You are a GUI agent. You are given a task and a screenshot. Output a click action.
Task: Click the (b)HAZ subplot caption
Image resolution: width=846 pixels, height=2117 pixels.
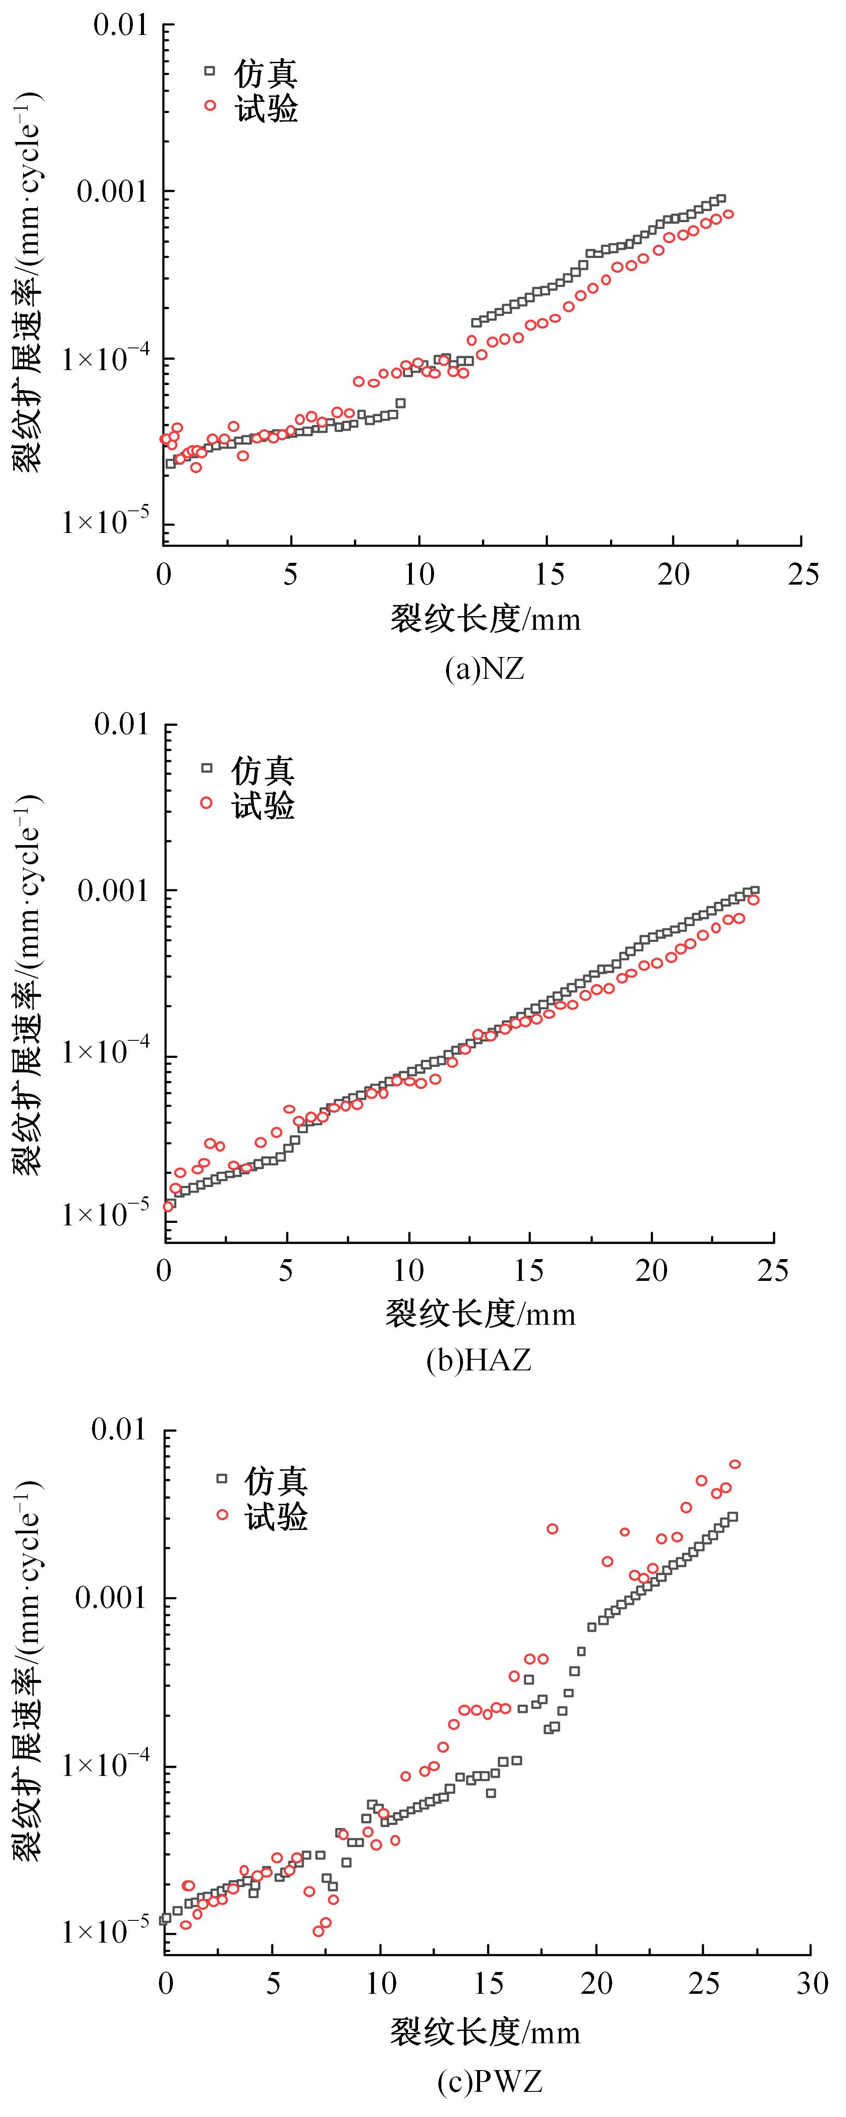pyautogui.click(x=479, y=1360)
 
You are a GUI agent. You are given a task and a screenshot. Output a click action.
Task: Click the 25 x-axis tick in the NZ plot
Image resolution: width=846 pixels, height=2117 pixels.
pyautogui.click(x=803, y=573)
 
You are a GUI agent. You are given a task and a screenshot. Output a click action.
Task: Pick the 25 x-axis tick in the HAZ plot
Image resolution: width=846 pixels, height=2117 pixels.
pyautogui.click(x=773, y=1271)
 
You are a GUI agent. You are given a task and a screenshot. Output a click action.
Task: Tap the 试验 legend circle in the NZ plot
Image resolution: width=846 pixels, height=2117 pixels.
pyautogui.click(x=210, y=105)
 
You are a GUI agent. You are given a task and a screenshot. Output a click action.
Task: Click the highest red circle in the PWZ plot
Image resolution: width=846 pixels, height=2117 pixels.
pyautogui.click(x=735, y=1465)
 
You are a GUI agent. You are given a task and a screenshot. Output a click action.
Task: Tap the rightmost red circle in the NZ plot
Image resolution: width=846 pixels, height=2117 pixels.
pyautogui.click(x=728, y=214)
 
